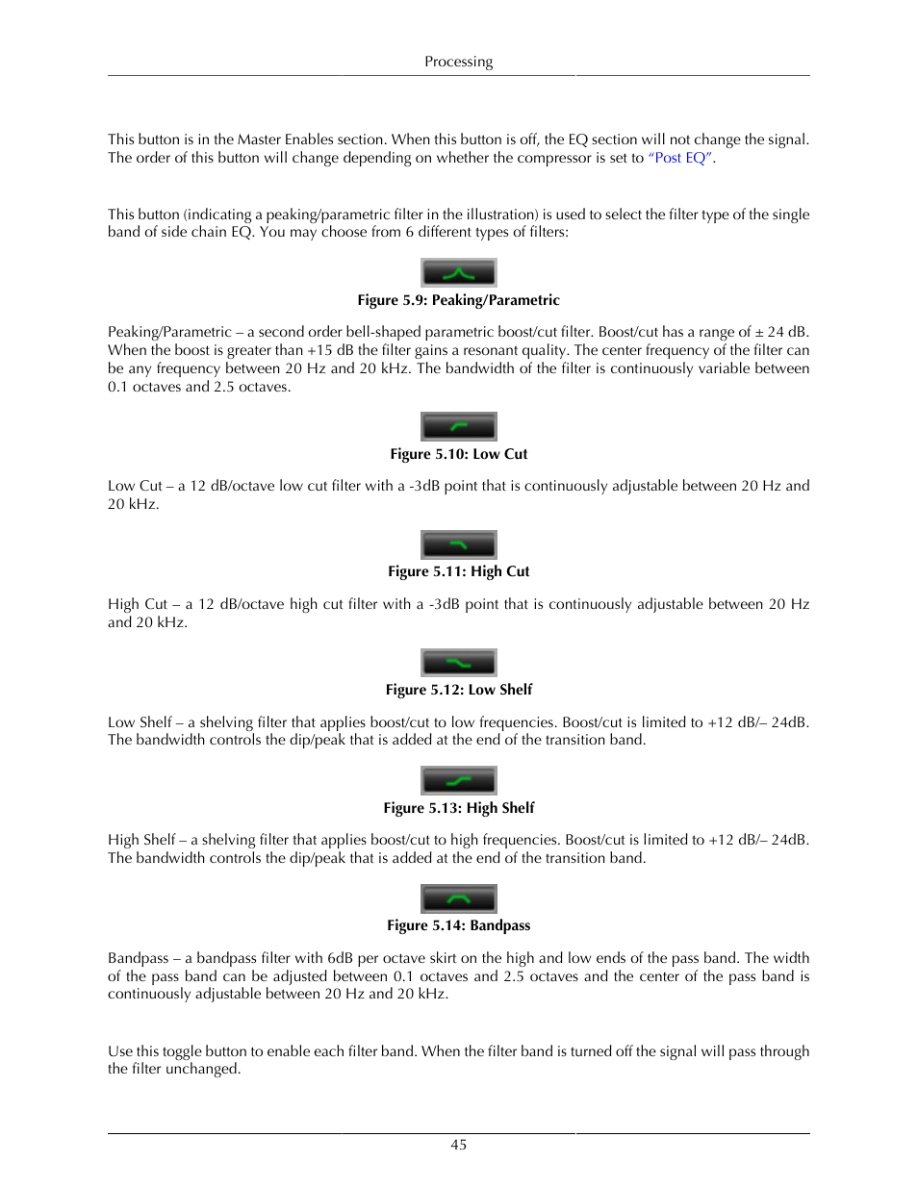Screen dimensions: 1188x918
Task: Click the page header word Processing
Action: coord(458,62)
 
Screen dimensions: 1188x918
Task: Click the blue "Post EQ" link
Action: coord(680,158)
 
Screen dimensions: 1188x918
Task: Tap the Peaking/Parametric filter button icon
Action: coord(459,273)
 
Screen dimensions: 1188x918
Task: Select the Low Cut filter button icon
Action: coord(459,426)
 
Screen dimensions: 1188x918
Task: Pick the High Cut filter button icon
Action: coord(459,544)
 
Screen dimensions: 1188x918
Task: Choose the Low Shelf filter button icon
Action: coord(459,663)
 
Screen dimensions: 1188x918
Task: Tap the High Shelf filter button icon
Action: coord(459,780)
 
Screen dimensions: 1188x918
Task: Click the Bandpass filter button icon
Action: coord(459,898)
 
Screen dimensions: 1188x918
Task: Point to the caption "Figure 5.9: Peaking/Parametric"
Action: coord(458,300)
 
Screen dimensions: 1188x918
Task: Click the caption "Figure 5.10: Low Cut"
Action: coord(458,454)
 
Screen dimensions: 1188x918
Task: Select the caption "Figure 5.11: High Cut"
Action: coord(458,571)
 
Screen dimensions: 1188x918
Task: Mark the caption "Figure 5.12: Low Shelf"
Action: coord(458,690)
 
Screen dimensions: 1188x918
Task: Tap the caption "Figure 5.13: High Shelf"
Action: coord(458,808)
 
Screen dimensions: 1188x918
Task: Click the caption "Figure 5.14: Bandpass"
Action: coord(458,925)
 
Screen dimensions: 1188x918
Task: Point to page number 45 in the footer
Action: coord(459,1145)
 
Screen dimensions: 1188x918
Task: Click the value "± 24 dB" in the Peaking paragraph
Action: coord(781,332)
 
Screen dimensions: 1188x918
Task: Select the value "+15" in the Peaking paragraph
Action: coord(319,350)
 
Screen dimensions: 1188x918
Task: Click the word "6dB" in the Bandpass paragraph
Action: coord(340,958)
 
